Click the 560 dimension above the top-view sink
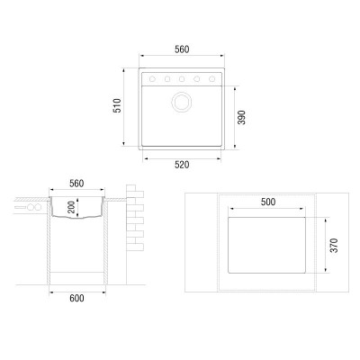click(182, 49)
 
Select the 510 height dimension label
click(117, 105)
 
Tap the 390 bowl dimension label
click(241, 117)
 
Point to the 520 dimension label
click(182, 165)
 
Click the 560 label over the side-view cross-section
click(76, 184)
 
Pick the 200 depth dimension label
click(71, 207)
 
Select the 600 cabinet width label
click(76, 298)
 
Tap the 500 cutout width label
click(268, 202)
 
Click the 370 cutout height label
click(334, 246)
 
